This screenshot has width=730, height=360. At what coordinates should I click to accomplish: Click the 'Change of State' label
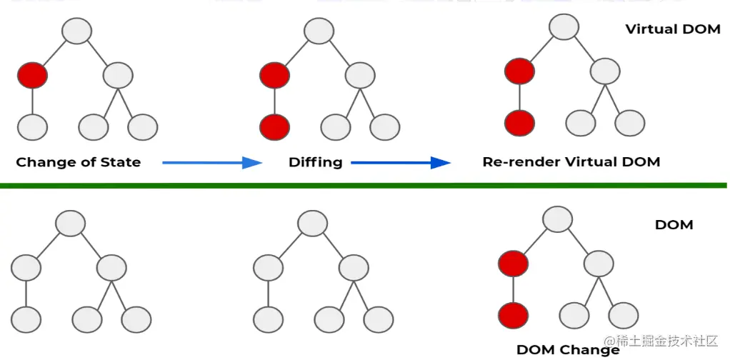78,162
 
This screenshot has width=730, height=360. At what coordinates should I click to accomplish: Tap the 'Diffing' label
315,162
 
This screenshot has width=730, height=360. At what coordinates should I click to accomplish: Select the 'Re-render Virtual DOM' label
571,162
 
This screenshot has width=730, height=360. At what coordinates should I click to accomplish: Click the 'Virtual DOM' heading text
673,29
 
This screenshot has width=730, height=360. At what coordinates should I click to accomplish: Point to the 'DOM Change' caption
568,349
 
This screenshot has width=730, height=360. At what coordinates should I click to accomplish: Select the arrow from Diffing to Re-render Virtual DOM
401,163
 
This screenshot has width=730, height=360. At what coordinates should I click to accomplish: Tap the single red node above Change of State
32,75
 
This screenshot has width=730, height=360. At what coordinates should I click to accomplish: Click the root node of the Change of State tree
77,31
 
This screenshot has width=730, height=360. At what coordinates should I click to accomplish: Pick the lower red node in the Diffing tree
275,127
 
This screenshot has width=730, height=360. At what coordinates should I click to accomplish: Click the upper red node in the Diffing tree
275,75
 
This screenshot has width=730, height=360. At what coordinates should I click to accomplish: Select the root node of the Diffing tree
319,31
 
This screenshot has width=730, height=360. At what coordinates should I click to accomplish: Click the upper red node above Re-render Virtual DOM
519,71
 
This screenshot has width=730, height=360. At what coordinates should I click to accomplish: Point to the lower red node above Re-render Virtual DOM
519,123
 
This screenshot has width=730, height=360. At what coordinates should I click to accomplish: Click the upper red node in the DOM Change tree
514,264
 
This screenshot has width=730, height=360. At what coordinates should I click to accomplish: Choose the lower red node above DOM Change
514,315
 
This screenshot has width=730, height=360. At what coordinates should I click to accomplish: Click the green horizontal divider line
364,186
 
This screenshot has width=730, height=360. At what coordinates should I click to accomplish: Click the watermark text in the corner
660,342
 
